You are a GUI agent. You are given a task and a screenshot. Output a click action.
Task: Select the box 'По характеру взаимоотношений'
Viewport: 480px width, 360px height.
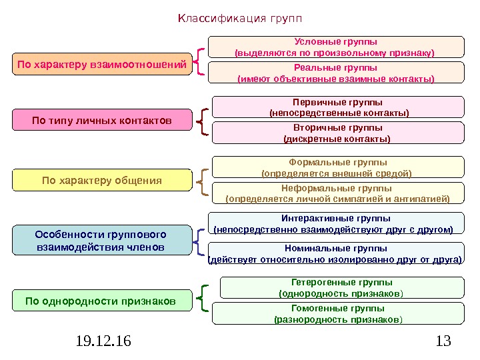point(101,65)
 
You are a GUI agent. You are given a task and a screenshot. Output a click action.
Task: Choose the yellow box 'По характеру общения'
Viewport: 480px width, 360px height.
point(101,180)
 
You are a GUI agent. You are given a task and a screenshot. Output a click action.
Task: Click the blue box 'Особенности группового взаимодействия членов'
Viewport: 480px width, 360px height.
point(101,241)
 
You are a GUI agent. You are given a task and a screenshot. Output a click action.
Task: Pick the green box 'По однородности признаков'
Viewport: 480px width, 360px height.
point(101,301)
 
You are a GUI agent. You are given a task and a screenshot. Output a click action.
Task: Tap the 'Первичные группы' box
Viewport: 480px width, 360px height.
point(338,107)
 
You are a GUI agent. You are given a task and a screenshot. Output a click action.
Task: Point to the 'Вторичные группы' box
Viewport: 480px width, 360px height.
point(338,133)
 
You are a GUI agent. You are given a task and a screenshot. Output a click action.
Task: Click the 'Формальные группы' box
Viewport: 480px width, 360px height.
point(338,167)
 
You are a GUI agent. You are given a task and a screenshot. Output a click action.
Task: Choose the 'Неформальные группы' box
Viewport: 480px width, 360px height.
point(338,193)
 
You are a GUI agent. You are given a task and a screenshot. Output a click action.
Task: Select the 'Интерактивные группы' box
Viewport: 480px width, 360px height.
point(335,223)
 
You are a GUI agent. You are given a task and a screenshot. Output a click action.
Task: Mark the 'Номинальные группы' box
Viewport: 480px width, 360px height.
point(335,254)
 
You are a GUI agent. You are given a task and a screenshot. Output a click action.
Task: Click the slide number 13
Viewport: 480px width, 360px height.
point(442,342)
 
